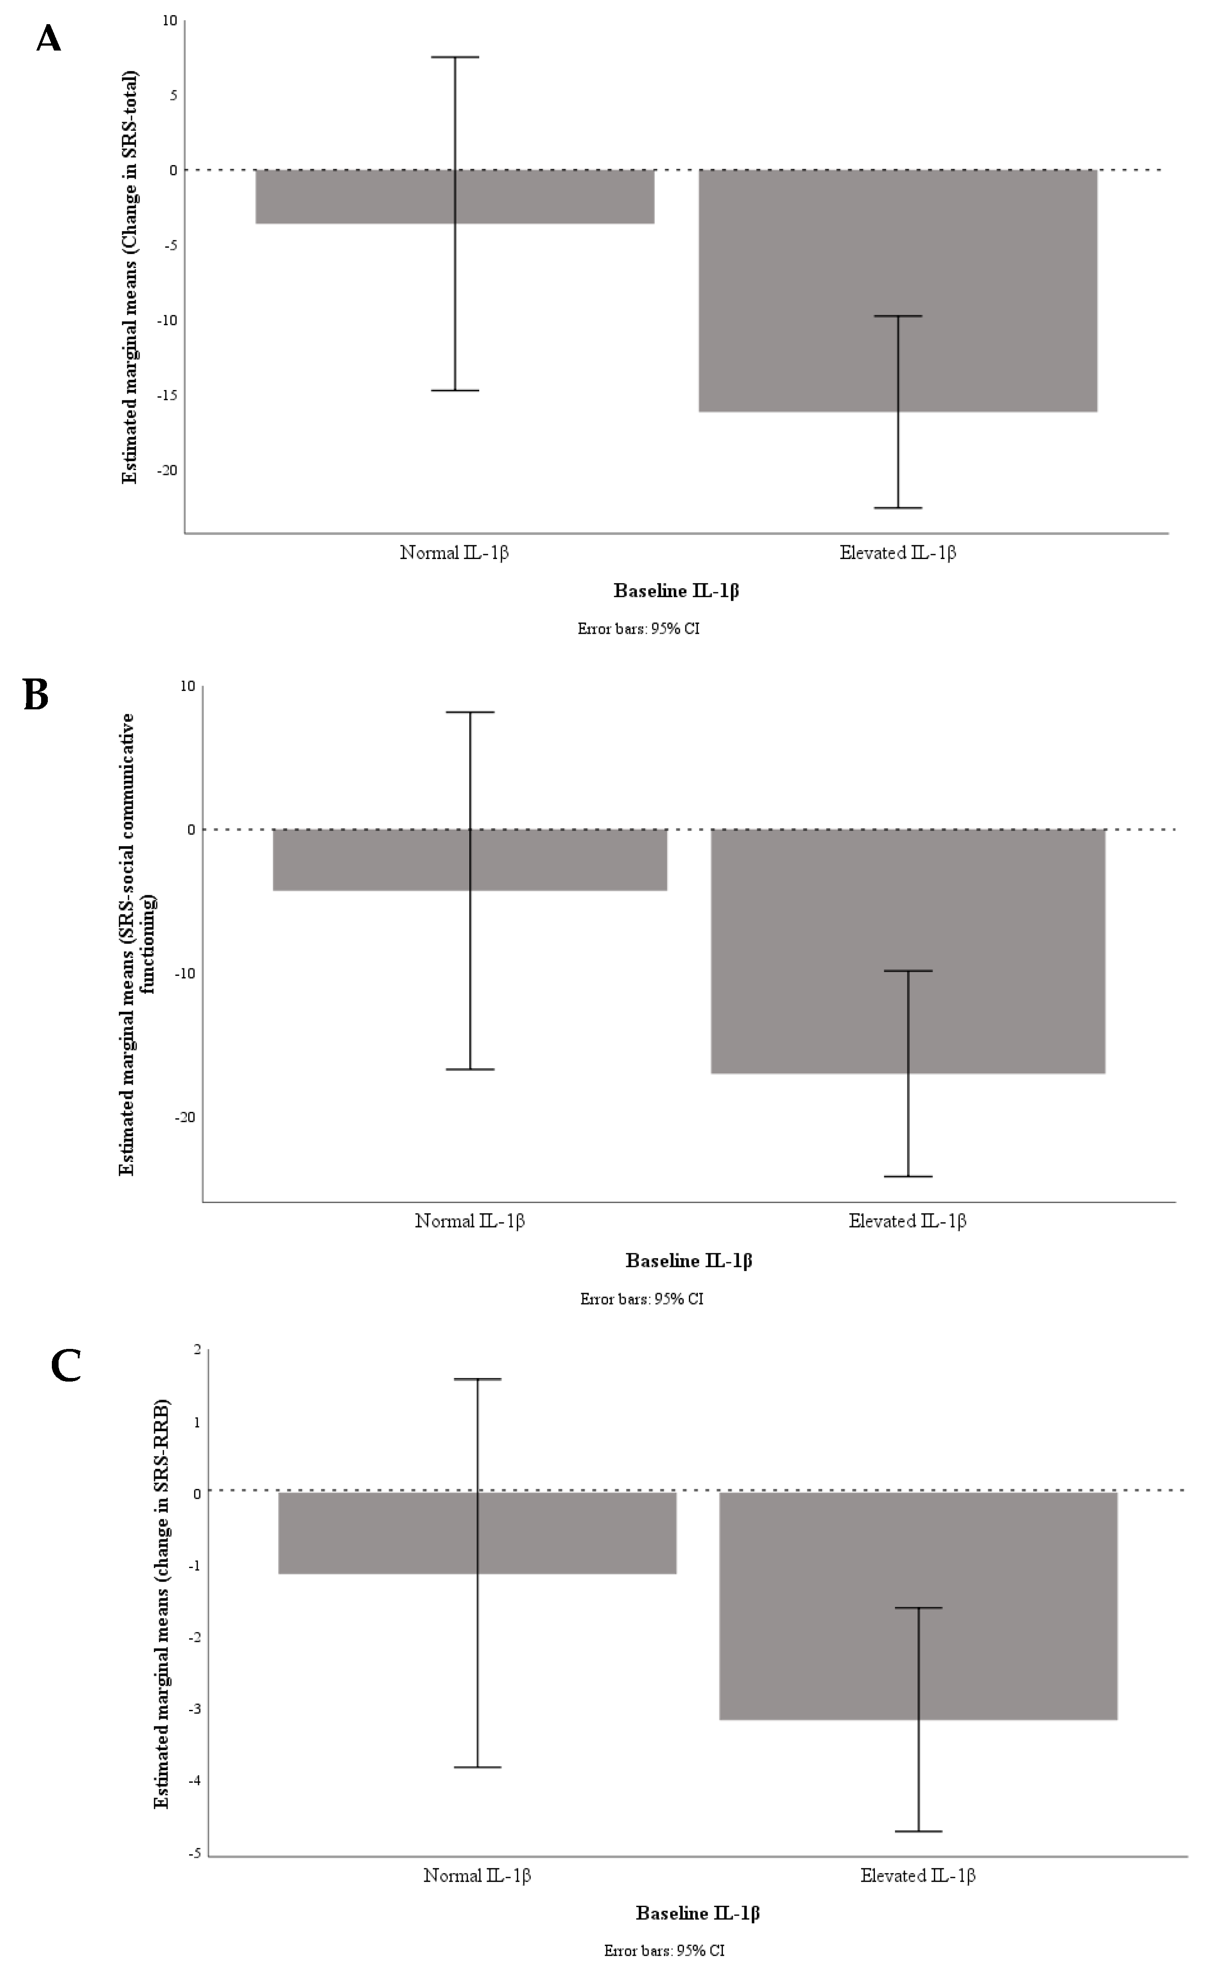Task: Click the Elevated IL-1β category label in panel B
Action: coord(907,1221)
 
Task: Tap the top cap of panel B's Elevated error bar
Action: coord(908,971)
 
